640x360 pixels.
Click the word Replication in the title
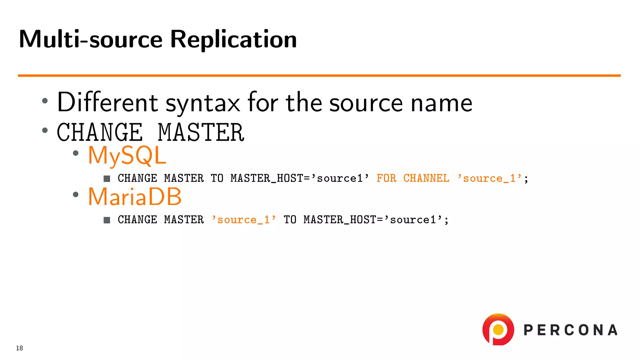pyautogui.click(x=233, y=39)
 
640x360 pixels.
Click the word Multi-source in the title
pyautogui.click(x=91, y=39)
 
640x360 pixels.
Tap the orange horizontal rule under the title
pyautogui.click(x=319, y=75)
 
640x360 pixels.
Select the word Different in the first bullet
pyautogui.click(x=107, y=102)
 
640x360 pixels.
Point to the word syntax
pyautogui.click(x=202, y=103)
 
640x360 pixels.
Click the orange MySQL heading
pyautogui.click(x=127, y=155)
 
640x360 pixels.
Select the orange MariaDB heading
pyautogui.click(x=135, y=197)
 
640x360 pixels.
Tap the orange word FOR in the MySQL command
pyautogui.click(x=386, y=178)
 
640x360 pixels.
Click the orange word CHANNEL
pyautogui.click(x=426, y=178)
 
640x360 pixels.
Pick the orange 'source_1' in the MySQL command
pyautogui.click(x=489, y=178)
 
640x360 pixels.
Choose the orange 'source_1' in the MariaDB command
pyautogui.click(x=244, y=220)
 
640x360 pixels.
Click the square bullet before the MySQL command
pyautogui.click(x=107, y=178)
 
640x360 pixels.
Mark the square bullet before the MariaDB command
pyautogui.click(x=107, y=220)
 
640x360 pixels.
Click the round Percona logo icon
pyautogui.click(x=498, y=330)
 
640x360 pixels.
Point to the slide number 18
pyautogui.click(x=19, y=348)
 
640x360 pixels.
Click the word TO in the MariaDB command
pyautogui.click(x=290, y=220)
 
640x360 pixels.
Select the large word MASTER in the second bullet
pyautogui.click(x=201, y=132)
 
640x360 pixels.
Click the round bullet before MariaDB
pyautogui.click(x=75, y=194)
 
